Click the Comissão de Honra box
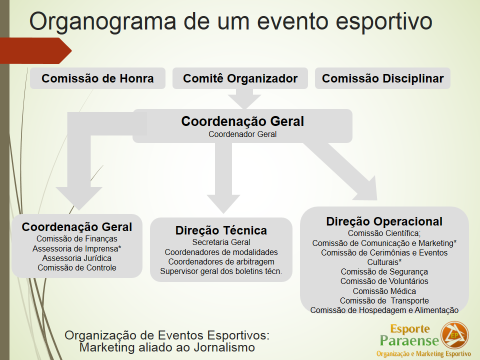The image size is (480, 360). coord(97,78)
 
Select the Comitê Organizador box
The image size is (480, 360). coord(240,78)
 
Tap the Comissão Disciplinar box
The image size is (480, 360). coord(382,78)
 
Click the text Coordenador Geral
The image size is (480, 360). coord(242,134)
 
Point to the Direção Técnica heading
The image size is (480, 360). coord(221,230)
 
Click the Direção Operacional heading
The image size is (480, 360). coord(384,221)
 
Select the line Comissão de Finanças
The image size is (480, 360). coord(77,239)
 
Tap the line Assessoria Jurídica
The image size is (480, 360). coord(77,258)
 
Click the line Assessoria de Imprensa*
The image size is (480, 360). coord(77,248)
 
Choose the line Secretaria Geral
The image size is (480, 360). coord(221,242)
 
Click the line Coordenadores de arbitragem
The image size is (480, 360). coord(221,261)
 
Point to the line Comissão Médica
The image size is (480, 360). coord(384,291)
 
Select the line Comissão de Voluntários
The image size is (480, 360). coord(384,281)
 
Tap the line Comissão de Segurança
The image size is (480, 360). coord(384,271)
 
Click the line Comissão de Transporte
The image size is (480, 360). coord(384,300)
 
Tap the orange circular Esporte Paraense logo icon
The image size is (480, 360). coord(454,335)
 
